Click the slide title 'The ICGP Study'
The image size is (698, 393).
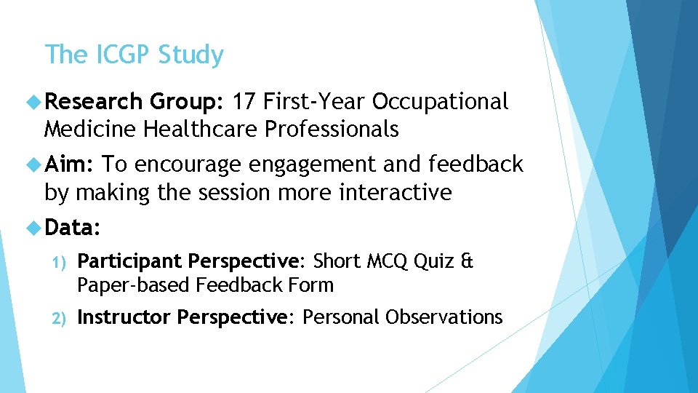coord(134,55)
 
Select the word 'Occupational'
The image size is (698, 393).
coord(440,102)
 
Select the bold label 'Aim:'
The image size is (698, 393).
coord(69,164)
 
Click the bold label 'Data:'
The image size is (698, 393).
coord(72,228)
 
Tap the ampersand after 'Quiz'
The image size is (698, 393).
coord(466,261)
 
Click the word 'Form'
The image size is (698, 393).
coord(312,285)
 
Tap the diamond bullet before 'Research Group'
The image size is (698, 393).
coord(33,103)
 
